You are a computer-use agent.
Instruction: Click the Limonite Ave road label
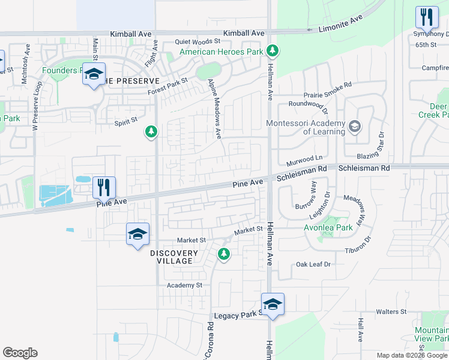point(340,24)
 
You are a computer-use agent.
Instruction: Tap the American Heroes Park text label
point(222,52)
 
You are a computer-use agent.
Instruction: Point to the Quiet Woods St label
point(197,42)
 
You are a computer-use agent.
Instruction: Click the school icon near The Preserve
point(94,74)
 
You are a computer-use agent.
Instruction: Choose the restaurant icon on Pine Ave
point(104,187)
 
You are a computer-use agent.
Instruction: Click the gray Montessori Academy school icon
point(355,126)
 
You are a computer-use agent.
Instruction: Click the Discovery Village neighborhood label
point(172,257)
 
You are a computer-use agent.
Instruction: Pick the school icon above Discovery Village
point(137,234)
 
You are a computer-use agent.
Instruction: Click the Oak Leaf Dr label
point(313,265)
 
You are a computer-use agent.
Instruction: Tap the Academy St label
point(185,285)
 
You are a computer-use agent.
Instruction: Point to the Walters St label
point(391,312)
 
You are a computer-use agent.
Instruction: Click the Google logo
point(20,353)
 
